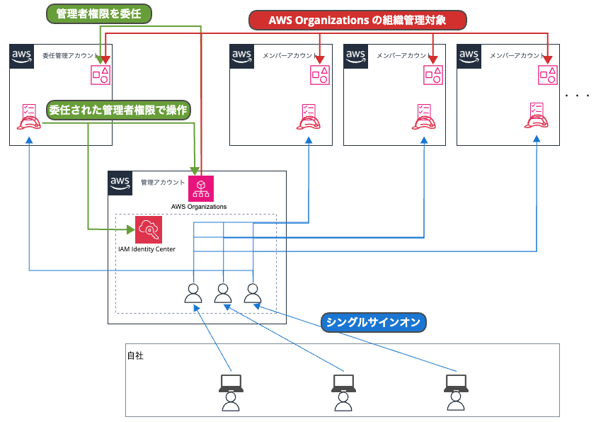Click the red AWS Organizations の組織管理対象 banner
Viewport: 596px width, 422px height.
(357, 20)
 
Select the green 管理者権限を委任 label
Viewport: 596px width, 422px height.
(98, 13)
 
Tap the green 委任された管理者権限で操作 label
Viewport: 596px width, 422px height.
(119, 110)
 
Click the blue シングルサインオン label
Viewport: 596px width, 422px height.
(373, 323)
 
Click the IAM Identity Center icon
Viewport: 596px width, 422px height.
(148, 229)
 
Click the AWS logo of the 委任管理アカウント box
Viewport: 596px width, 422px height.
(23, 56)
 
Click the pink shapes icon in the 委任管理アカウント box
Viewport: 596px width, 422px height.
(101, 74)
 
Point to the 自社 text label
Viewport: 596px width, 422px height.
(135, 355)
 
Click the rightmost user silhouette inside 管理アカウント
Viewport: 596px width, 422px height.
(253, 293)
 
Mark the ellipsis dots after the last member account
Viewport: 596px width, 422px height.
(578, 95)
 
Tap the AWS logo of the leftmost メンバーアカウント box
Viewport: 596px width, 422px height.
(243, 56)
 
